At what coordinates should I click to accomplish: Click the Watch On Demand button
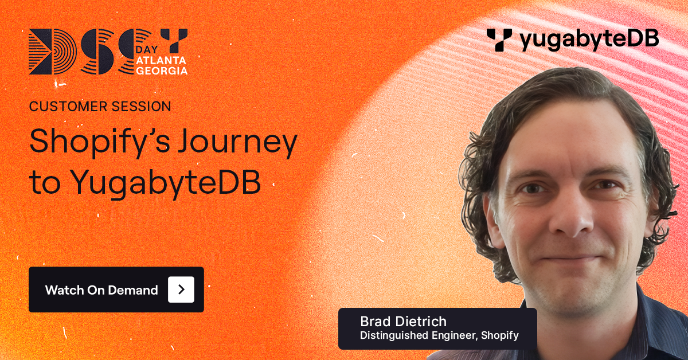point(116,289)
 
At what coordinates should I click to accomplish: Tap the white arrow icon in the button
point(181,289)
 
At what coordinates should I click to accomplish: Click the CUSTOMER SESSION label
point(100,106)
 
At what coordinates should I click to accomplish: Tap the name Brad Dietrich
point(403,321)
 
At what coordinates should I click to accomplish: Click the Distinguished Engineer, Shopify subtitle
point(439,335)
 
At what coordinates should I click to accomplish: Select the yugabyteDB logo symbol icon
point(499,40)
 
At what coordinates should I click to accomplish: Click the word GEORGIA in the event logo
point(163,71)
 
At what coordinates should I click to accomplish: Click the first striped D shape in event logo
point(45,52)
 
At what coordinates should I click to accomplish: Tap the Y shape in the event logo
point(173,40)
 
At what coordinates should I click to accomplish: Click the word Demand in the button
point(137,289)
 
